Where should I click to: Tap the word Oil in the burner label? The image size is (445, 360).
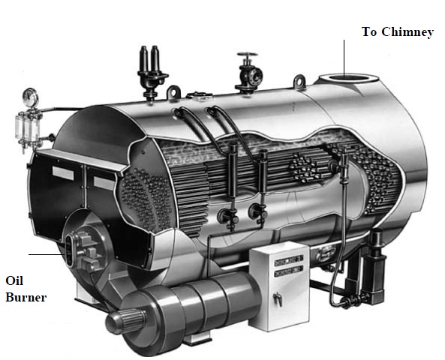[x=15, y=281]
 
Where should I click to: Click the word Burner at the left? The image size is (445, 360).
[x=26, y=297]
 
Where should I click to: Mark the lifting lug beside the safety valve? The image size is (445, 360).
[x=174, y=92]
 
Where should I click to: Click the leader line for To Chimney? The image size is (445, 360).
[x=344, y=56]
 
